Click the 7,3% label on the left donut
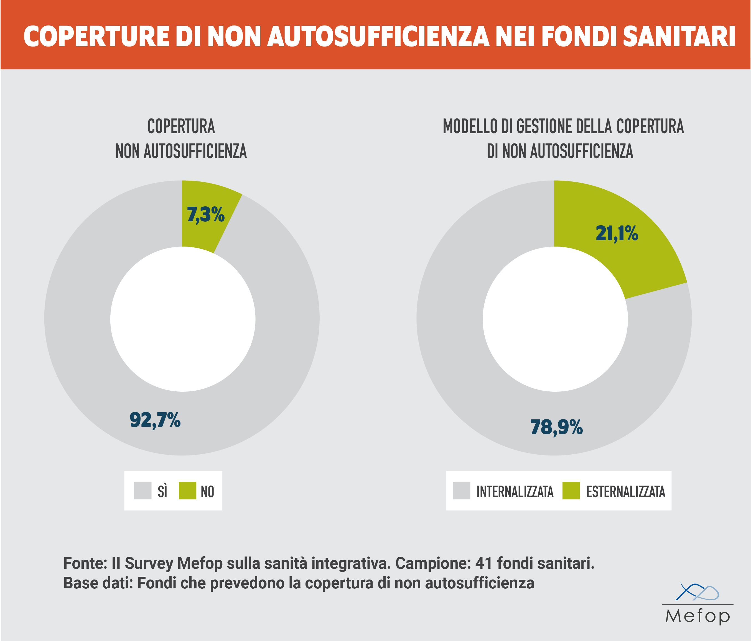pos(205,214)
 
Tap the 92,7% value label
pos(155,420)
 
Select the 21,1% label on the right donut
pos(617,233)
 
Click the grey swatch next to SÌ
pos(142,491)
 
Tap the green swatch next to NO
pos(187,491)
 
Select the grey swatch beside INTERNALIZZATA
pos(461,491)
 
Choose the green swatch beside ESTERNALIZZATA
pos(571,491)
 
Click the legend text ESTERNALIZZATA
pos(626,492)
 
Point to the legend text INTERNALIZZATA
pos(515,492)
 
